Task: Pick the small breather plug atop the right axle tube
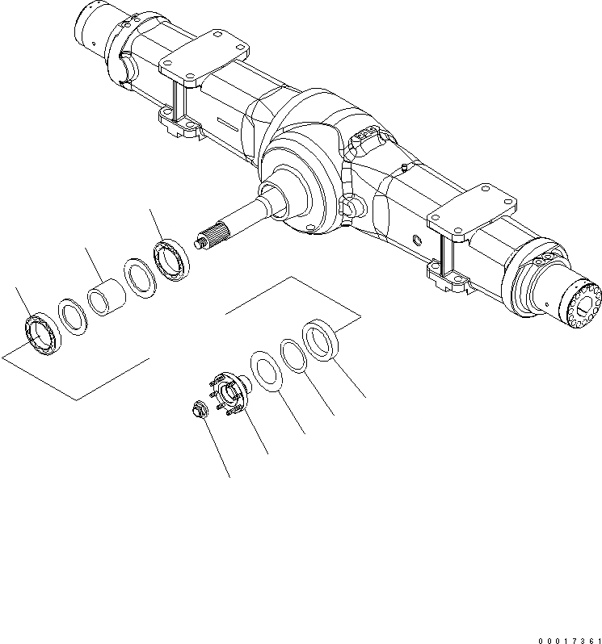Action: pos(402,168)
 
